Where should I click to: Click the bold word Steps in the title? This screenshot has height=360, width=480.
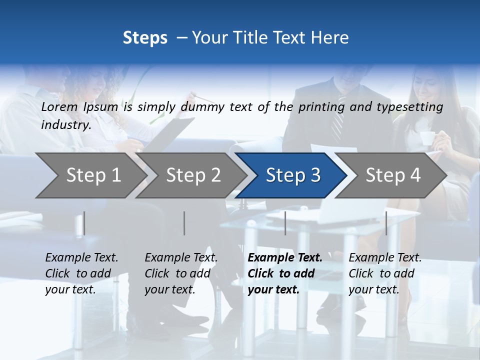click(x=145, y=38)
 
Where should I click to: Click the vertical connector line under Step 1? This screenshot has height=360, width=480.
click(x=84, y=223)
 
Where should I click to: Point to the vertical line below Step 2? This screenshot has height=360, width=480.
click(x=184, y=223)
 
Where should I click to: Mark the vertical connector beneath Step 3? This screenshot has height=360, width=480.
click(x=285, y=223)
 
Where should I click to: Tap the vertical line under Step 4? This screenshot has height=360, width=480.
click(x=386, y=223)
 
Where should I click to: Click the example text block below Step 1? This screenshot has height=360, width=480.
click(x=81, y=273)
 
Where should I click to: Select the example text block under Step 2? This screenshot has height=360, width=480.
click(x=181, y=273)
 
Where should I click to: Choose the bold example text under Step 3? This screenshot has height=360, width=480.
click(x=285, y=273)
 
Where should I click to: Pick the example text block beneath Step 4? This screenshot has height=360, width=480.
click(x=385, y=273)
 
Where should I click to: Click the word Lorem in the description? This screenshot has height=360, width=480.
click(x=59, y=107)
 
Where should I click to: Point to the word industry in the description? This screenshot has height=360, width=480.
click(x=66, y=125)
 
